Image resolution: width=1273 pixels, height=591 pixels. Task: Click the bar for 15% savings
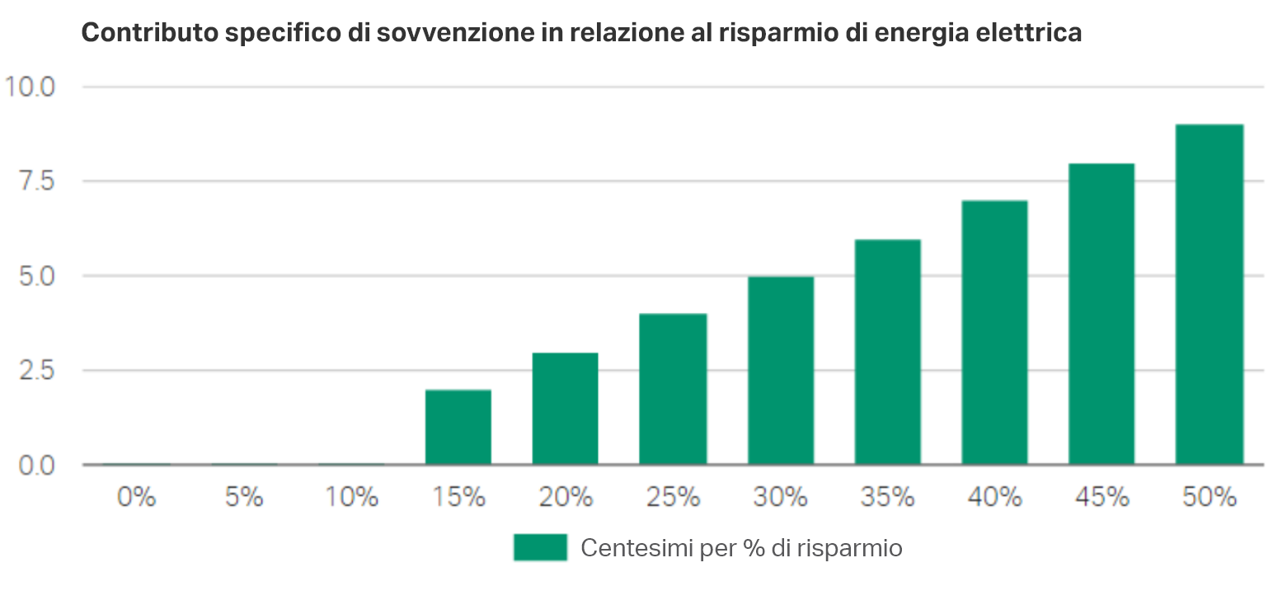(458, 427)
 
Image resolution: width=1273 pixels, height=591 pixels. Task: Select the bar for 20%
(565, 409)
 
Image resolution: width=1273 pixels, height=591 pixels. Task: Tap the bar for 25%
(672, 389)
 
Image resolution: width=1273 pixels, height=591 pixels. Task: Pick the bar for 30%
(780, 370)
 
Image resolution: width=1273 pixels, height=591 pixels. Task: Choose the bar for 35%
(887, 352)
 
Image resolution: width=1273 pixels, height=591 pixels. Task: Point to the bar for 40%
(994, 332)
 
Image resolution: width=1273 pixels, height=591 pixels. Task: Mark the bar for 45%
(1102, 314)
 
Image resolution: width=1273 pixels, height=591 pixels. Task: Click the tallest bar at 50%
(1209, 294)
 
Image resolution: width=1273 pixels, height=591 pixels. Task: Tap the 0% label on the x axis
(136, 497)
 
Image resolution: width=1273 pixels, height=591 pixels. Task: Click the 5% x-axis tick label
(243, 497)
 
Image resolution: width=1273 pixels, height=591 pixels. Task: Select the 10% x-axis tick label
(350, 497)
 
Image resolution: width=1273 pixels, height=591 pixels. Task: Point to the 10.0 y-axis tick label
(30, 87)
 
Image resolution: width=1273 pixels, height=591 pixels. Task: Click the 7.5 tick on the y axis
(35, 181)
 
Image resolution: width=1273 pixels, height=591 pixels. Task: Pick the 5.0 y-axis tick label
(35, 276)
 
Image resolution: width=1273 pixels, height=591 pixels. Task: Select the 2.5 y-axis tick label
(35, 371)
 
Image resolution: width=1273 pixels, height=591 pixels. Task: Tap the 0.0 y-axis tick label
(35, 466)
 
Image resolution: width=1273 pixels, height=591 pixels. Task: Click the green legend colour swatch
(540, 547)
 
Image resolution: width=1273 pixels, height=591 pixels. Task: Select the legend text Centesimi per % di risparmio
(741, 548)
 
